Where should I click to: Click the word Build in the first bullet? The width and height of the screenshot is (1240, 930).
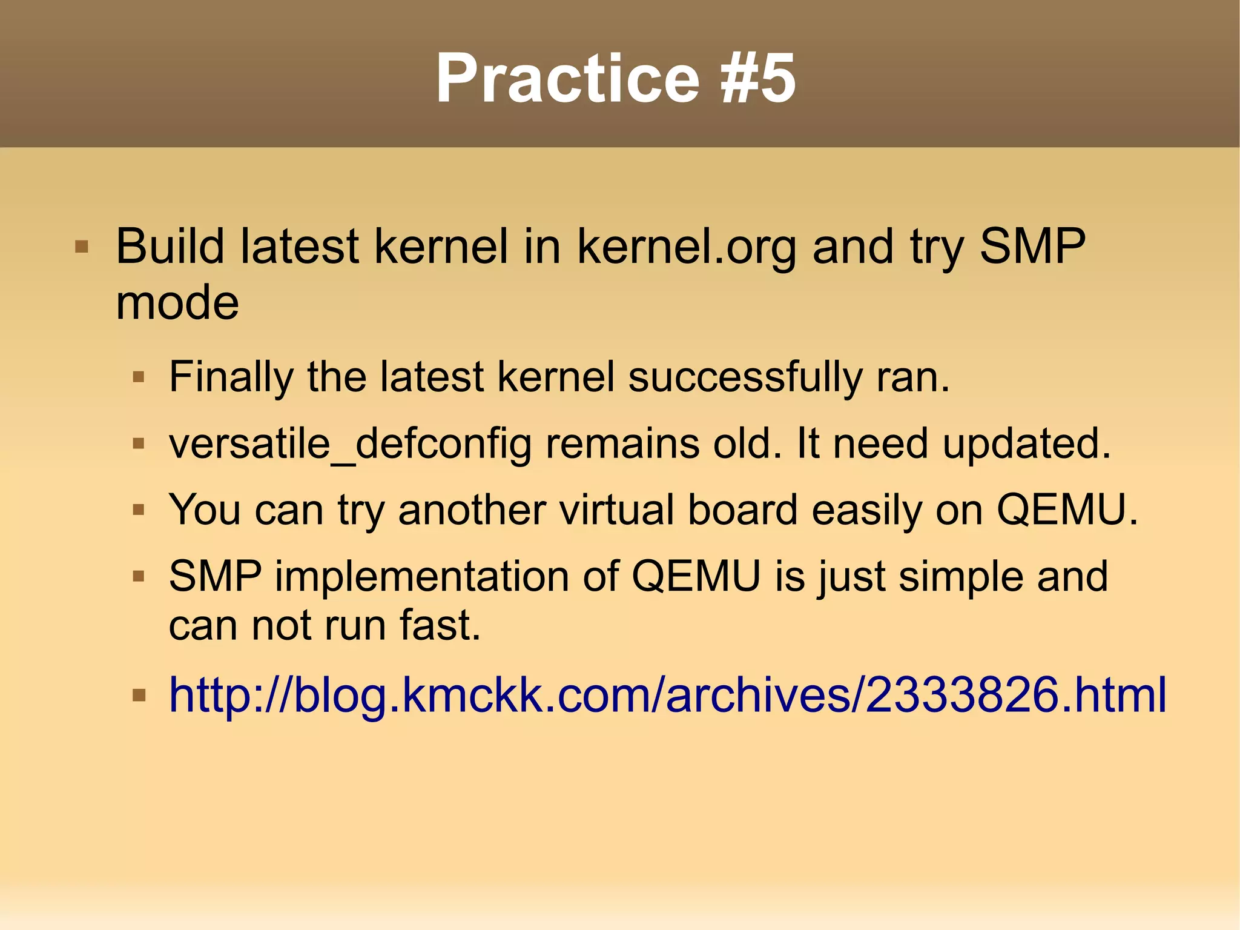tap(170, 247)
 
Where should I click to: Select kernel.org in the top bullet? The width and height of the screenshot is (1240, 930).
tap(687, 248)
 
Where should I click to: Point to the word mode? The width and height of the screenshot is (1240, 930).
tap(177, 302)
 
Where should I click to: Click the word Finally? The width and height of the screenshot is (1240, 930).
tap(231, 377)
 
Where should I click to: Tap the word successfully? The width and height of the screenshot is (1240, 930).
tap(745, 377)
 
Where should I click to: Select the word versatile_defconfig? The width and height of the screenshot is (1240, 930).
tap(351, 444)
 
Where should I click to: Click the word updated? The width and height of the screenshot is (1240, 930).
tap(1026, 443)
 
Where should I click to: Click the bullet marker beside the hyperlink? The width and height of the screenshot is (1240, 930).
tap(139, 695)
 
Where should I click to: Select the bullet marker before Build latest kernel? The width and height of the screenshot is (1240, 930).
tap(82, 247)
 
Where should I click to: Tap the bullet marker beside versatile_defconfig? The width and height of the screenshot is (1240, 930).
tap(139, 444)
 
